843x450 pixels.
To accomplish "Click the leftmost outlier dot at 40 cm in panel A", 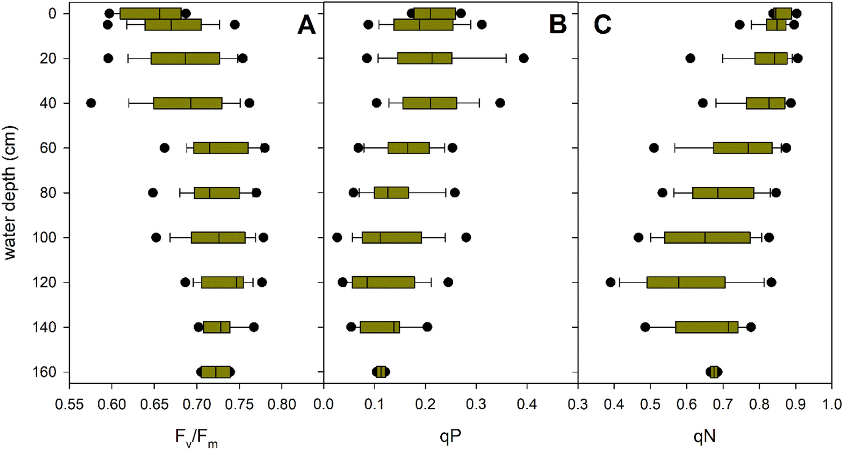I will pos(91,103).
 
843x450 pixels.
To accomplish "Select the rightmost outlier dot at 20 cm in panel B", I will pos(523,58).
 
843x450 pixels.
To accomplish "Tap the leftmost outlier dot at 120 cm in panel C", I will pos(610,282).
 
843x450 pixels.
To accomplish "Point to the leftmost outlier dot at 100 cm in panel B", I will pos(337,237).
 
